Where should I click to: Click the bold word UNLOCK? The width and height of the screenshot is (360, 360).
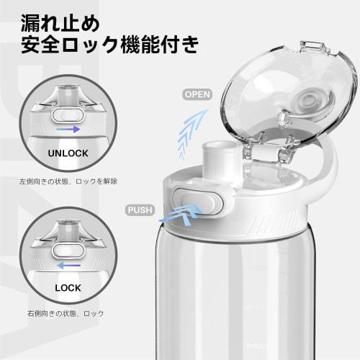68,153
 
